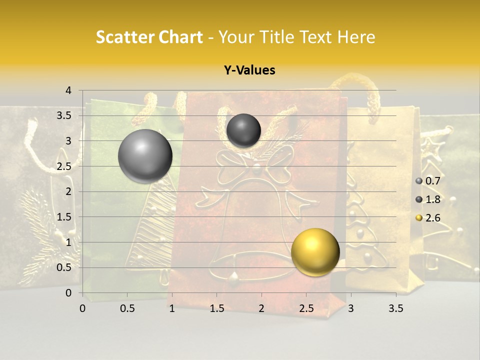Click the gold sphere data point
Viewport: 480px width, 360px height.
[x=315, y=252]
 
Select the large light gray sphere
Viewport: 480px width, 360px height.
[x=145, y=156]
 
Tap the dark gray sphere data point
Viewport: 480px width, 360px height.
[x=243, y=130]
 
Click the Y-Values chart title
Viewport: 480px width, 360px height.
[x=249, y=70]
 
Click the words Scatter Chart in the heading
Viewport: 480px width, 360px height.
[x=149, y=37]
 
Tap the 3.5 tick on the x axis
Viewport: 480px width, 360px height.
[x=396, y=308]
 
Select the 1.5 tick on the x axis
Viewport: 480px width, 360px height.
[x=216, y=308]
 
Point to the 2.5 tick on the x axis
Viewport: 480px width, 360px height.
[x=306, y=308]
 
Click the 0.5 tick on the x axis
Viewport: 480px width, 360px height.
[x=127, y=308]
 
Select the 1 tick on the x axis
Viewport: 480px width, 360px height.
[x=172, y=308]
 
